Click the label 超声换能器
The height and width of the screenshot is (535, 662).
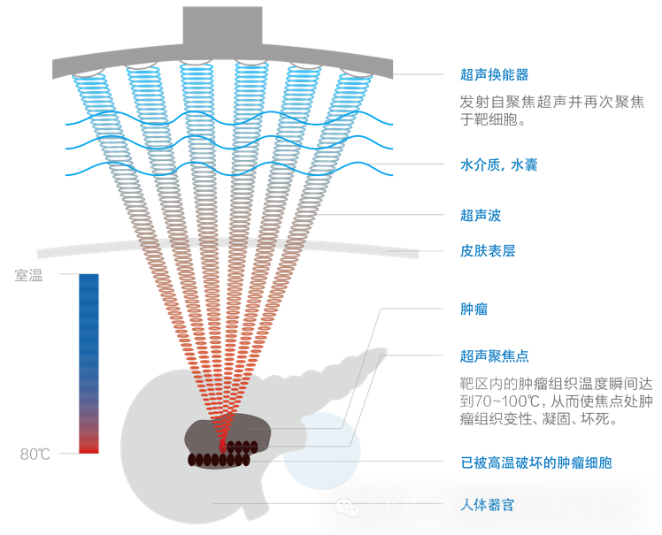click(494, 75)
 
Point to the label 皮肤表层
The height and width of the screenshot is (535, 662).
click(488, 251)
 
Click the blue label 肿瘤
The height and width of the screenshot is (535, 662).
click(473, 310)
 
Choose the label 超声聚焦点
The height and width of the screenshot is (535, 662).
click(494, 355)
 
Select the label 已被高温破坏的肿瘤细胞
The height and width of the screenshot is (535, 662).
click(536, 462)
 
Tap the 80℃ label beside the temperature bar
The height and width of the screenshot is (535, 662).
click(35, 455)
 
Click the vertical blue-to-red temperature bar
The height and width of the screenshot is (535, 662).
click(89, 363)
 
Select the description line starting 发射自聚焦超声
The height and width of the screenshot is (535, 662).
click(550, 101)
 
